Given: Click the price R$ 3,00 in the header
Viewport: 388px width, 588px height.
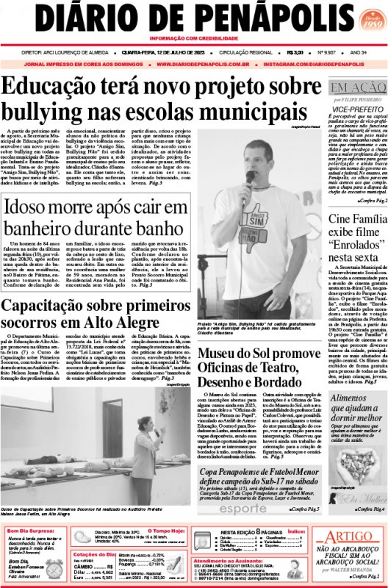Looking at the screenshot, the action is pyautogui.click(x=296, y=53).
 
